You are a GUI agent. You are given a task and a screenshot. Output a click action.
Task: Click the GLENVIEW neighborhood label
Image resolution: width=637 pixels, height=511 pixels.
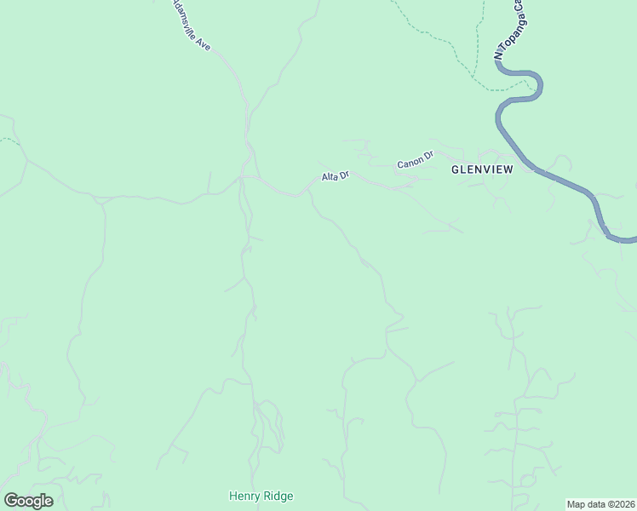click(x=482, y=169)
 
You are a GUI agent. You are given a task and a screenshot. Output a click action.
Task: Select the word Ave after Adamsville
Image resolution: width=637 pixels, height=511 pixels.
click(x=204, y=42)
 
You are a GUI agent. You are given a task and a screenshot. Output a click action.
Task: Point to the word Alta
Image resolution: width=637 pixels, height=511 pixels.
click(x=329, y=177)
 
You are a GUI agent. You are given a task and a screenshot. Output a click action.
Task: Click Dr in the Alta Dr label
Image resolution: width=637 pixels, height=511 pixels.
click(x=344, y=174)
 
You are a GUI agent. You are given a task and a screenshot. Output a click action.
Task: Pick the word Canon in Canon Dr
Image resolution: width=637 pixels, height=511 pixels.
click(x=410, y=161)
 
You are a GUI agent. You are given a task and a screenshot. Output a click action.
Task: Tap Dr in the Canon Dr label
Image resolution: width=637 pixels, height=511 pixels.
click(x=428, y=155)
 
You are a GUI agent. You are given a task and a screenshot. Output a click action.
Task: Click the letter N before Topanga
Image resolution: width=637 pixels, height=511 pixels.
click(x=499, y=55)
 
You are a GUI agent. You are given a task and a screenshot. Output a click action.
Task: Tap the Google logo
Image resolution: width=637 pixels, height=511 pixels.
click(x=28, y=501)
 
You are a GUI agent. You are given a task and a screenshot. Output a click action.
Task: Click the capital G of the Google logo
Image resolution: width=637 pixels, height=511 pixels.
click(x=10, y=501)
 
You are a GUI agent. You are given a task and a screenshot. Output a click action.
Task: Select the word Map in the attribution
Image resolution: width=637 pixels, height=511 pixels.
click(x=577, y=503)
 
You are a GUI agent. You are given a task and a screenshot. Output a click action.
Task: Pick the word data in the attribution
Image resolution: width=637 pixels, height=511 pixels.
click(x=595, y=503)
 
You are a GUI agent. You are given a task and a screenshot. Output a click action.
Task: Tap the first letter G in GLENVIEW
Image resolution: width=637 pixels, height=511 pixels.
click(x=455, y=169)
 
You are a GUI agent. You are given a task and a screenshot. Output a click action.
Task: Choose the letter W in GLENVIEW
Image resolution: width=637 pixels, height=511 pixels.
click(x=508, y=169)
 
